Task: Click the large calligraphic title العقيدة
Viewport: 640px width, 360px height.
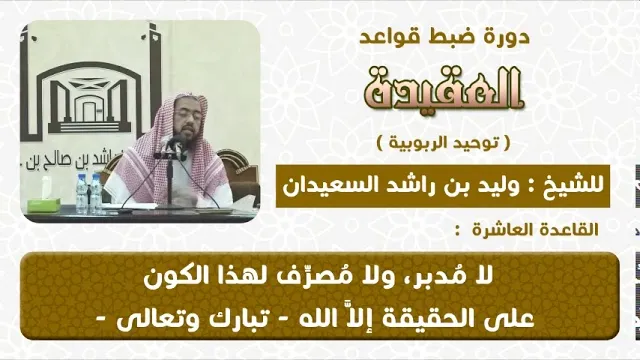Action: coord(444,89)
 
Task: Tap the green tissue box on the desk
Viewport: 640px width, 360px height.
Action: coord(43,204)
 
